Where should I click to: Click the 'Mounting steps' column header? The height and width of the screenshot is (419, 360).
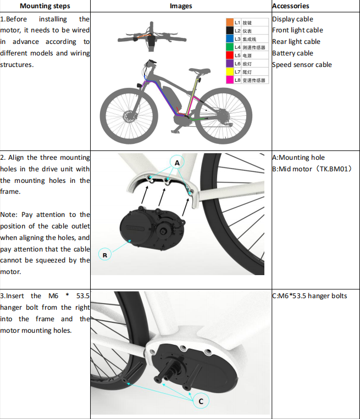coord(45,6)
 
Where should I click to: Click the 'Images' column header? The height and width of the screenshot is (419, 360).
coord(181,6)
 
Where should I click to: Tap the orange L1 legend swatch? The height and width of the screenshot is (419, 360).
coord(230,23)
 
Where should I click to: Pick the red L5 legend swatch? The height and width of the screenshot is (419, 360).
coord(230,55)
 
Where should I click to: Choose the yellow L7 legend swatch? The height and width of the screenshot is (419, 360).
coord(230,72)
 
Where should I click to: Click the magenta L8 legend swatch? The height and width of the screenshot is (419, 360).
coord(230,80)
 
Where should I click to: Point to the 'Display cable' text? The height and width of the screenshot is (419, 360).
coord(292,19)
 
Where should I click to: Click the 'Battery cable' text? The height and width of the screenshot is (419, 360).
coord(292,53)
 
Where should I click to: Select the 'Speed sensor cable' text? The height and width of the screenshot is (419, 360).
coord(302,65)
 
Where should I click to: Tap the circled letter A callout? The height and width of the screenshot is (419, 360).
coord(177,163)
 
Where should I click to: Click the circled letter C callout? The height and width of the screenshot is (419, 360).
coord(201,401)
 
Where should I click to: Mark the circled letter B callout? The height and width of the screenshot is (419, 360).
coord(104,254)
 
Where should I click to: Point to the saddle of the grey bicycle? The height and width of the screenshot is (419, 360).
coord(202,70)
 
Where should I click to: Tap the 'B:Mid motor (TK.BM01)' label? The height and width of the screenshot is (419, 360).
coord(312,169)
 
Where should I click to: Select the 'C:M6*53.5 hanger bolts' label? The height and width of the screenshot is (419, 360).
coord(309,296)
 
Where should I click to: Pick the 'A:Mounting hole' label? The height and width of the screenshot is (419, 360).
coord(298,158)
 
